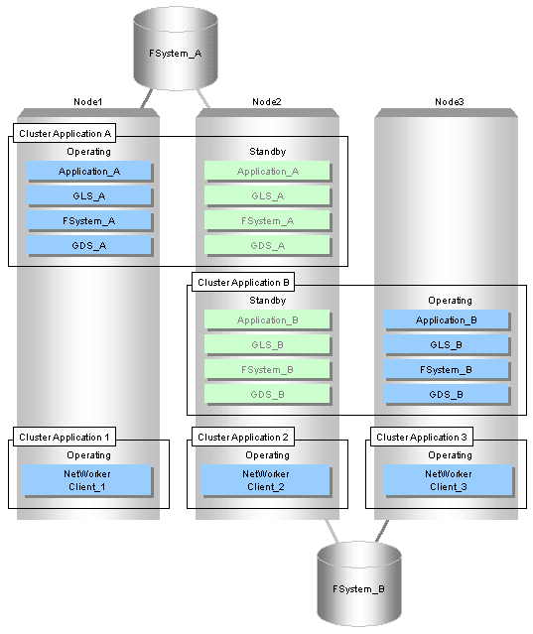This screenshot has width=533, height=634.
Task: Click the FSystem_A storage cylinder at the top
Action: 176,49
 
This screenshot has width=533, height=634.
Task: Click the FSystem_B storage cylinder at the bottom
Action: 359,584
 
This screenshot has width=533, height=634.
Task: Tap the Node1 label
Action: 87,102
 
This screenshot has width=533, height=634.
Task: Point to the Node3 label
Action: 450,102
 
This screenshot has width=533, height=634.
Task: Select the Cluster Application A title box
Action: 65,133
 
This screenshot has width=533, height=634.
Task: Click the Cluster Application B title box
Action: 243,282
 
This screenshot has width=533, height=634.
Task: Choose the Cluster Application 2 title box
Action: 243,437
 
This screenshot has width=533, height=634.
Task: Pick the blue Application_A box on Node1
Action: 89,172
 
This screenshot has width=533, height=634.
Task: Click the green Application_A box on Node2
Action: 268,172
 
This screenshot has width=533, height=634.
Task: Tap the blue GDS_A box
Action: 89,245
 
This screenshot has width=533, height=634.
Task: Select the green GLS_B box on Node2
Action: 268,345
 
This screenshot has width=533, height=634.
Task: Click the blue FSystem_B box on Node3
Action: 446,369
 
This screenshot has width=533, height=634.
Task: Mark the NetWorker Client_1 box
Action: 87,480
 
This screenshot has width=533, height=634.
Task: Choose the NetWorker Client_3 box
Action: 448,480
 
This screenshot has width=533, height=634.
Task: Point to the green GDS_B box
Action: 268,394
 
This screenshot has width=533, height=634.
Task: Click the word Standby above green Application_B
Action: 268,301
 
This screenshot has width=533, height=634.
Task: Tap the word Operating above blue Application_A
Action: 89,152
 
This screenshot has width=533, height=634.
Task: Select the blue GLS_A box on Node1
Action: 89,196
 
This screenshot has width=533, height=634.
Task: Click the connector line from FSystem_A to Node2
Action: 203,98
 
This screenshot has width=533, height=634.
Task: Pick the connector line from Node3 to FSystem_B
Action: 382,531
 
